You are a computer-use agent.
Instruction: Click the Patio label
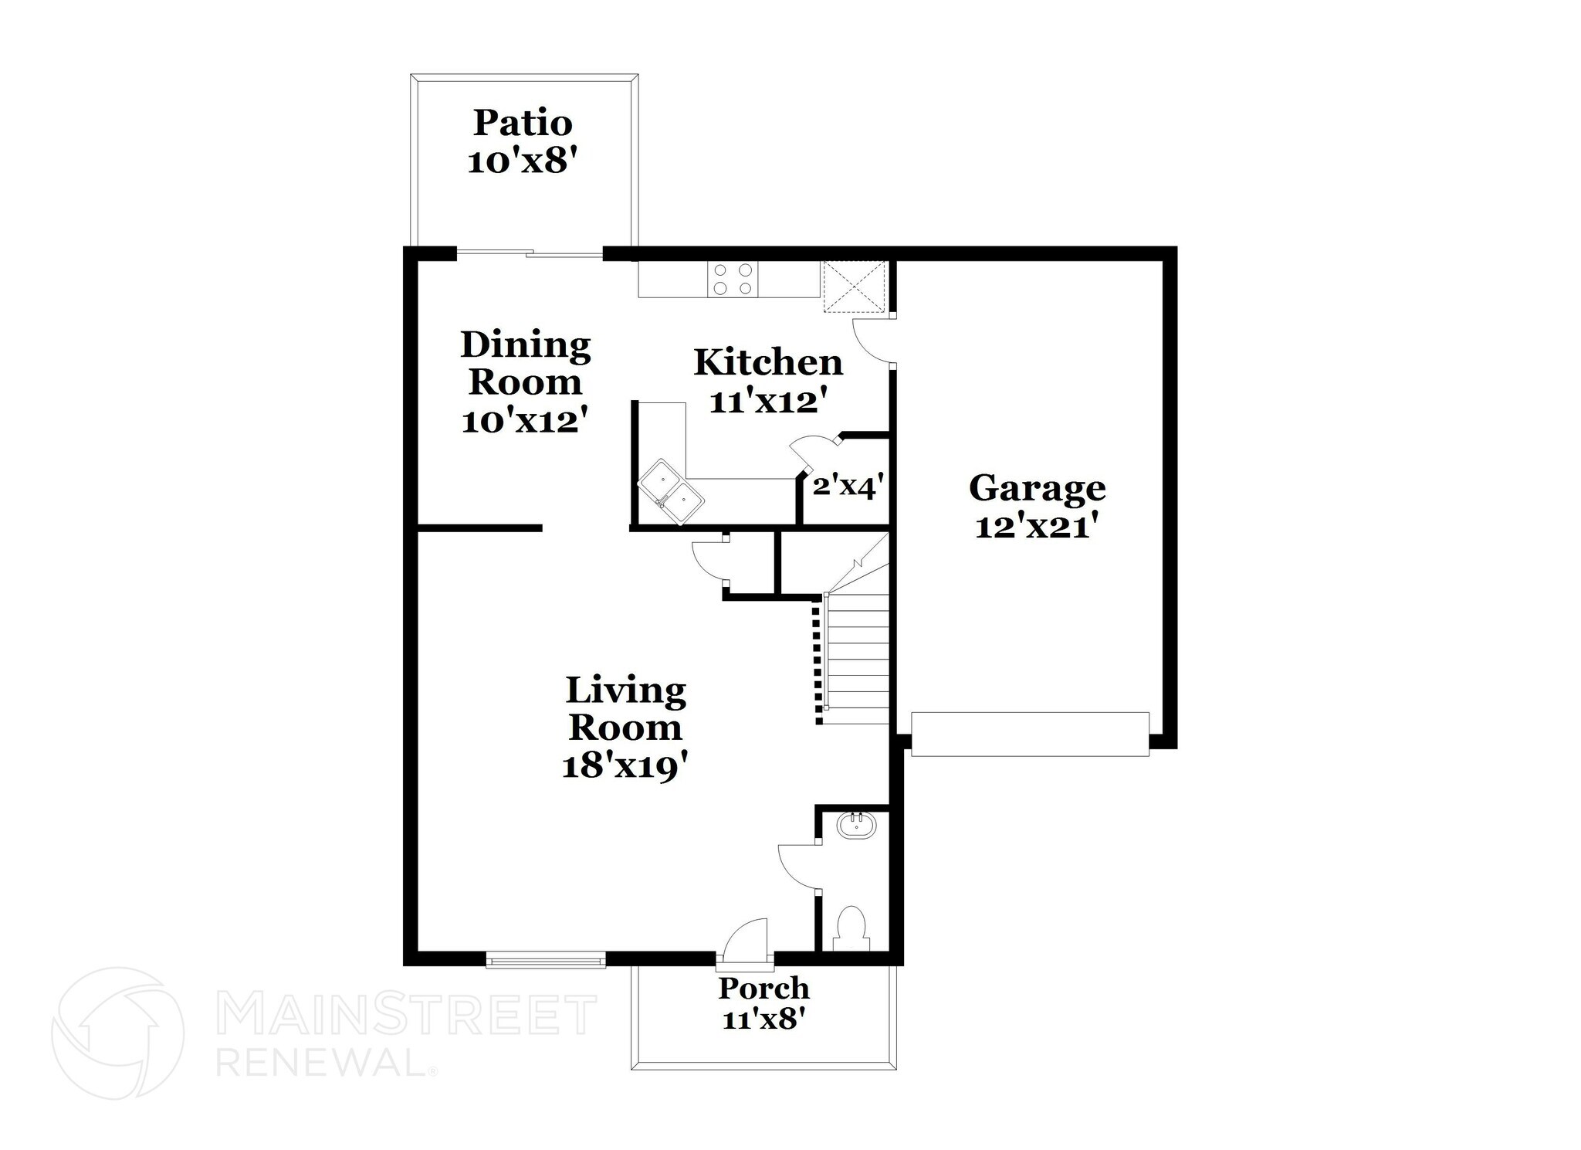523,124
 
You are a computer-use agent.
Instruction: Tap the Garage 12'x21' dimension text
1036,528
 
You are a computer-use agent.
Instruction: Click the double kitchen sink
671,491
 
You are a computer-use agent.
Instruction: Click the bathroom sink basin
856,826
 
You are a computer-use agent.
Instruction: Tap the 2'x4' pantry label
847,487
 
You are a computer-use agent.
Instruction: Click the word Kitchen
767,362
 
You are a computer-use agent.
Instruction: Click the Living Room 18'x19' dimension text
625,767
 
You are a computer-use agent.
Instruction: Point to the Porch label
763,988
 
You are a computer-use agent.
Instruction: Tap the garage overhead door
1030,734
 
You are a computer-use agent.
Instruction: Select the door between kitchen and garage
872,340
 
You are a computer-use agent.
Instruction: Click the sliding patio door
530,253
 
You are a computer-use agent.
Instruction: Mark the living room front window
546,961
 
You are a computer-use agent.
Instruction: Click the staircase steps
858,656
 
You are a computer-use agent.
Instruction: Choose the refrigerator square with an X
853,287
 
